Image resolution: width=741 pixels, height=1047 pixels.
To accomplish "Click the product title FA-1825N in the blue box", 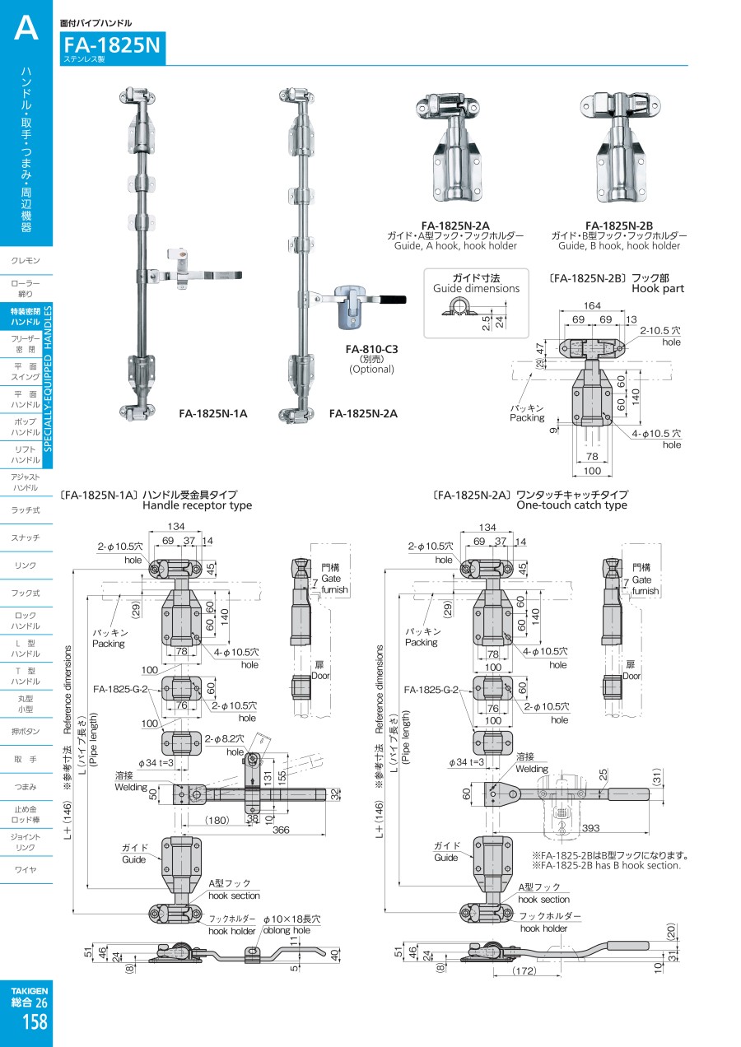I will click(x=112, y=45).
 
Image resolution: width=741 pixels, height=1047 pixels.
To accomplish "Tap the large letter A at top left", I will click(x=26, y=30).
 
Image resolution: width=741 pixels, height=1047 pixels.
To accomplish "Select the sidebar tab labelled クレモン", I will click(x=26, y=261).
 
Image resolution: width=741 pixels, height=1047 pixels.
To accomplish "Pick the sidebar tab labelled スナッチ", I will click(x=26, y=537).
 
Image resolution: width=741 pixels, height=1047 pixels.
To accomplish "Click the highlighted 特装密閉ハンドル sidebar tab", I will click(x=26, y=316).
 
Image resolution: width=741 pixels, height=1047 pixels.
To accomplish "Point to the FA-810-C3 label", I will click(x=371, y=349).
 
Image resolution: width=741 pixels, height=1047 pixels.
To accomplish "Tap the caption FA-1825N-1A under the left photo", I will click(x=212, y=413).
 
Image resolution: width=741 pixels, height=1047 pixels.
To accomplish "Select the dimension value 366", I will click(x=282, y=831).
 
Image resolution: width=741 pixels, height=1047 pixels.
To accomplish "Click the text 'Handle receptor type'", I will click(x=197, y=505).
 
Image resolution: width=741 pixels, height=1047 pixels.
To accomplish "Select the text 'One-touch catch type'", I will click(x=571, y=505).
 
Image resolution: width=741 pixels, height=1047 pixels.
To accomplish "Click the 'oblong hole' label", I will click(x=286, y=930).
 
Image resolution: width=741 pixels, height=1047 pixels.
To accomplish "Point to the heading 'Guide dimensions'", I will click(x=477, y=289).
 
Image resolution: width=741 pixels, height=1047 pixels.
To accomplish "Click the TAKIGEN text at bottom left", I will click(x=30, y=991).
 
